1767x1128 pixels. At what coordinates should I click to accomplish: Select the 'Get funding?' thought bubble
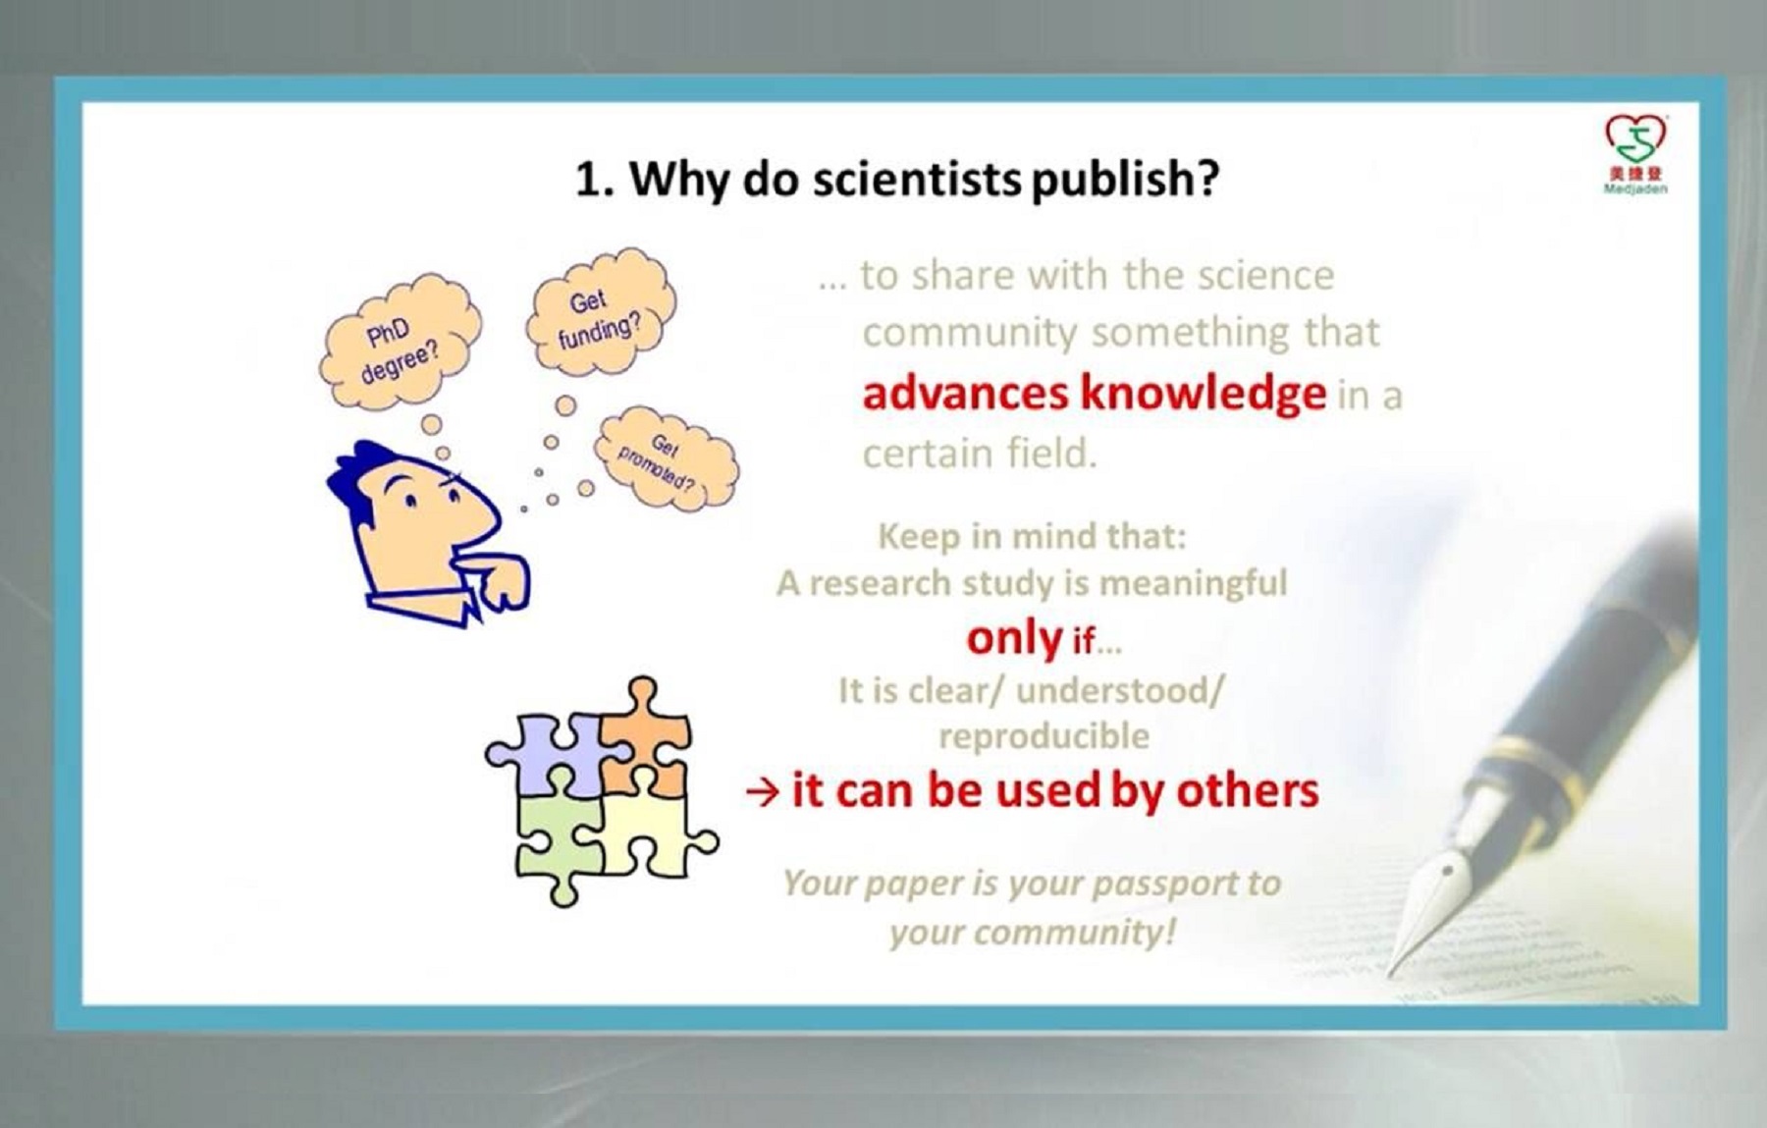tap(600, 313)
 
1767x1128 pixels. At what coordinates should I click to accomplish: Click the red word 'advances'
tap(965, 395)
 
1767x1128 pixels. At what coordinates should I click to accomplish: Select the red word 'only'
tap(1014, 639)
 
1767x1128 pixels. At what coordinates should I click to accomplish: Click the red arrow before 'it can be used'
tap(763, 791)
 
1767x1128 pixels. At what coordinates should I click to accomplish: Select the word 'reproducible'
tap(1044, 736)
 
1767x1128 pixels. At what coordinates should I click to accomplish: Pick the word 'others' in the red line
tap(1248, 790)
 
